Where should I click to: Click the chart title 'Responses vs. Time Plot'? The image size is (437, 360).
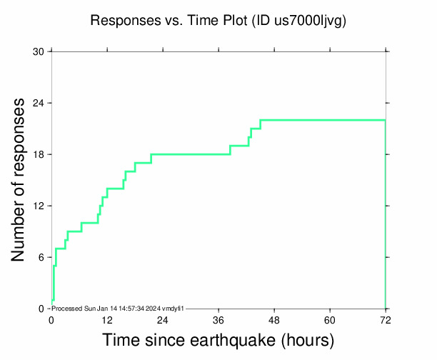coord(169,21)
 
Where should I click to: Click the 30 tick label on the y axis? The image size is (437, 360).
coord(39,51)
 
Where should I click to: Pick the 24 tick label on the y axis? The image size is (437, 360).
coord(39,103)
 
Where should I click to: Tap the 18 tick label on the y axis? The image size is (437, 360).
coord(39,154)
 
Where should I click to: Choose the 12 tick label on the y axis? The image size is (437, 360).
coord(39,206)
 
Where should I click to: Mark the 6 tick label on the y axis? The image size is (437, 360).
coord(41,257)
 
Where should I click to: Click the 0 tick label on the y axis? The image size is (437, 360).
coord(41,309)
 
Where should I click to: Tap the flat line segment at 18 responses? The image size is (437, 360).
coord(190,154)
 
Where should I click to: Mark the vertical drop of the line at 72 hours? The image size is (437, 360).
coord(386,214)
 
